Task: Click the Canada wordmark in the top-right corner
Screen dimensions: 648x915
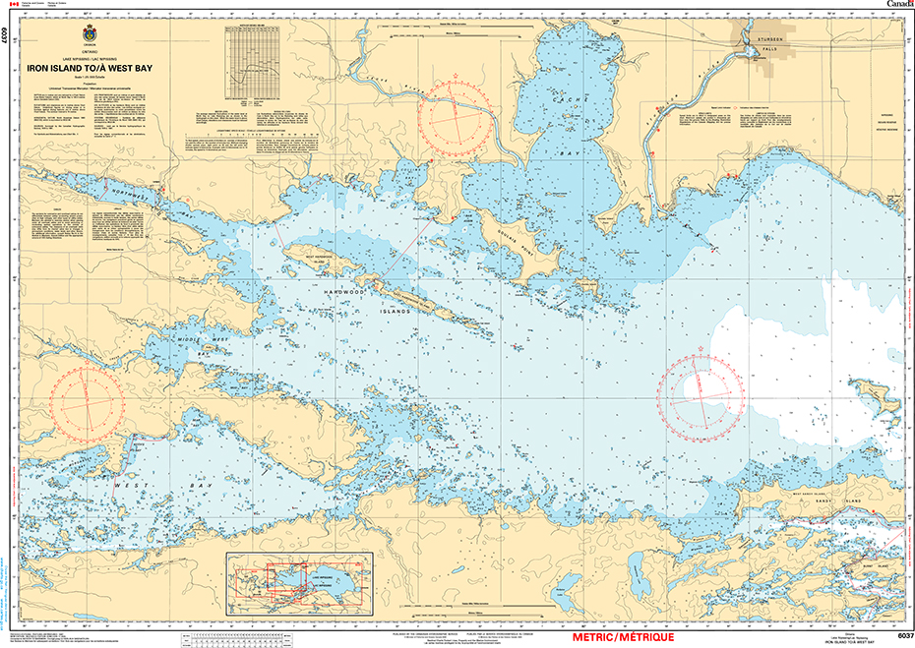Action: click(892, 6)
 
